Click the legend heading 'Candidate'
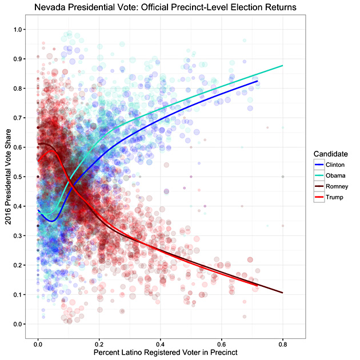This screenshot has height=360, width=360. (330, 154)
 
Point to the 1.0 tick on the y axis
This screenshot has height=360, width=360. (20, 29)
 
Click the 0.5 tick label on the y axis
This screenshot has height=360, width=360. (20, 177)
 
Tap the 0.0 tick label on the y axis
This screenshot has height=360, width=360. (20, 325)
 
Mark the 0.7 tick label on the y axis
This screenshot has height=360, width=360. (20, 118)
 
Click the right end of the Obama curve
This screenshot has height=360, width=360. (283, 66)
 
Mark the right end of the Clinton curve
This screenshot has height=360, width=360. (258, 81)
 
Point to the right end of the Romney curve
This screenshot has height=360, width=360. (283, 293)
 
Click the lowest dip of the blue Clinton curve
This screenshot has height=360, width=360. (51, 221)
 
